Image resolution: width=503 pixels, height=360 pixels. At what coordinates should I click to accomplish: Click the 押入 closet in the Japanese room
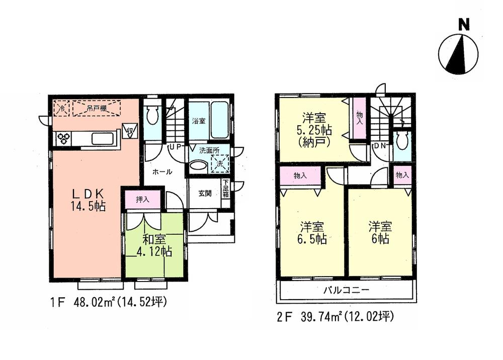click(143, 200)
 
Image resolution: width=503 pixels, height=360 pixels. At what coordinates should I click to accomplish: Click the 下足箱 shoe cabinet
click(225, 189)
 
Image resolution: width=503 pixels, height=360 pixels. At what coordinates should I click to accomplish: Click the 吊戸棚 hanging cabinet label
click(96, 108)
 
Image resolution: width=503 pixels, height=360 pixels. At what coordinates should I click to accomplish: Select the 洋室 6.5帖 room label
click(313, 233)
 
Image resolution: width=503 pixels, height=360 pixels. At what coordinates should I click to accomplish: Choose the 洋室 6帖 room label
click(380, 233)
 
